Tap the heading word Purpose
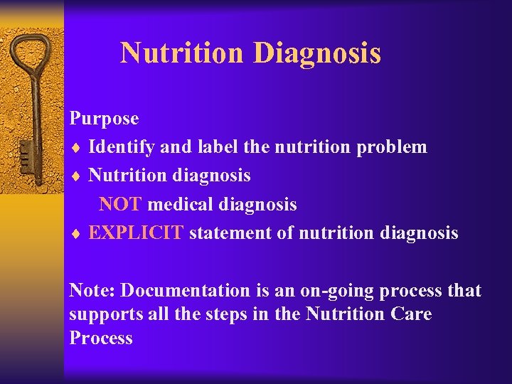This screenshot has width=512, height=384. point(104,118)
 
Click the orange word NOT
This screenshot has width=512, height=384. point(121,205)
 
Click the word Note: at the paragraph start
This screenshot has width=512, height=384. point(93,291)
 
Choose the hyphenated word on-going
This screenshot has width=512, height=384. point(327,291)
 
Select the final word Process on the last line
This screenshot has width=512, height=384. point(101,338)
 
